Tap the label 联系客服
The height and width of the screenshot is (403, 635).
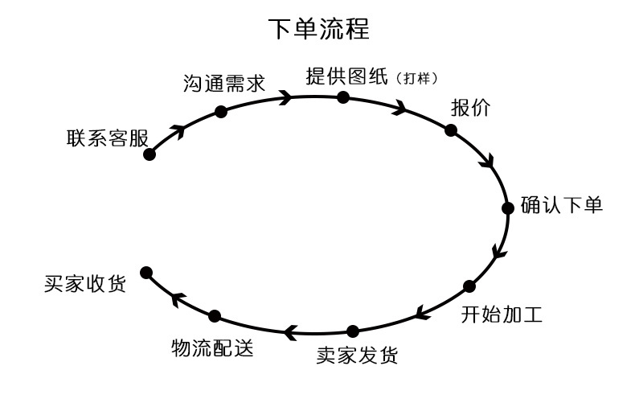pyautogui.click(x=108, y=138)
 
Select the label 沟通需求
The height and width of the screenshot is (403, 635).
pyautogui.click(x=223, y=84)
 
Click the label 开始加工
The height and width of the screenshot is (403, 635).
pyautogui.click(x=501, y=313)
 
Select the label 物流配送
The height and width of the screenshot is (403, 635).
pyautogui.click(x=212, y=347)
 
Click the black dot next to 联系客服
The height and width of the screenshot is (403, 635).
pyautogui.click(x=149, y=154)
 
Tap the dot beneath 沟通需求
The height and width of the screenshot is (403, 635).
pyautogui.click(x=221, y=112)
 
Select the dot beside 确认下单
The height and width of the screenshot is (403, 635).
pyautogui.click(x=507, y=208)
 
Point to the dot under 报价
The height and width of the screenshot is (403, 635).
pyautogui.click(x=451, y=130)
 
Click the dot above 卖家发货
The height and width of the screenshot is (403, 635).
pyautogui.click(x=353, y=331)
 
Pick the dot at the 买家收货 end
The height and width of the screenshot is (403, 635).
pyautogui.click(x=146, y=273)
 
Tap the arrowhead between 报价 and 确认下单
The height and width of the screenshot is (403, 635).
pyautogui.click(x=486, y=161)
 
